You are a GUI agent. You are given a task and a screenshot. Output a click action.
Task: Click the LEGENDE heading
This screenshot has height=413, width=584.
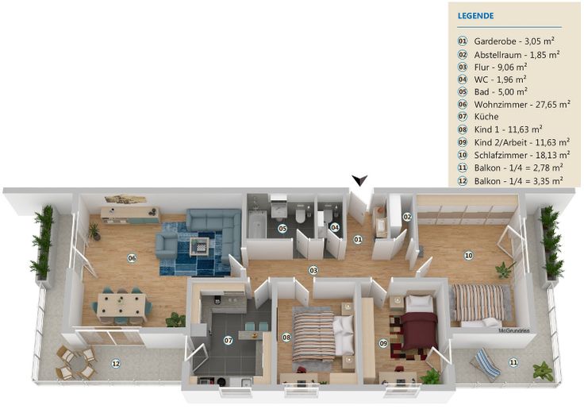pos(475,16)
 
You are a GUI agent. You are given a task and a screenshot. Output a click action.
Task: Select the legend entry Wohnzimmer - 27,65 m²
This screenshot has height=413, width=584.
pos(522,105)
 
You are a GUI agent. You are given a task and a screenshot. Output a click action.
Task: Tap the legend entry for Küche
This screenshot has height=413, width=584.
pos(486,117)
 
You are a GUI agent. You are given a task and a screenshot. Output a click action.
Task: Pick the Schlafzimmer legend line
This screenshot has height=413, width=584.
pos(522,155)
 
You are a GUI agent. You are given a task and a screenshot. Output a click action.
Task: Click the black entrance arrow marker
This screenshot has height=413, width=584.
pos(360,180)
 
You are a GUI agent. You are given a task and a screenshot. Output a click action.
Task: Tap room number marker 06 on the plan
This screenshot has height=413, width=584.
pos(132,258)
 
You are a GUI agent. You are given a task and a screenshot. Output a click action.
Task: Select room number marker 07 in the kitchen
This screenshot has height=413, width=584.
pos(228,340)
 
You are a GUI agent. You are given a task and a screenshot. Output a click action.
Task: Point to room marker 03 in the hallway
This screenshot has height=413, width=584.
pos(313,270)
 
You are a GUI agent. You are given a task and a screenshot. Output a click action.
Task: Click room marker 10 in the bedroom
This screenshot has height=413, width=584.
pos(468,255)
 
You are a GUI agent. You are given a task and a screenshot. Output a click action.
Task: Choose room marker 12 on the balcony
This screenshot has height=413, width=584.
pos(116,363)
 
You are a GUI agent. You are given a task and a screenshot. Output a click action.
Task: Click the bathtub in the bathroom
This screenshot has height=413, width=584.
pos(257,224)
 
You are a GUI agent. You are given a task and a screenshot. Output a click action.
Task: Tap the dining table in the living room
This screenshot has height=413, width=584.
pos(121,307)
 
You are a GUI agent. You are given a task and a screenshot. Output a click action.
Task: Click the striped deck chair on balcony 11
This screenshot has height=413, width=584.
pos(485,365)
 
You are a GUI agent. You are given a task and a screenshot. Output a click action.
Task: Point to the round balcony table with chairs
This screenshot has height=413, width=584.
pos(77,363)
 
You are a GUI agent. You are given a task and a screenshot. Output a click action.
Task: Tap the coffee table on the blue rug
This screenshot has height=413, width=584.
pos(199,247)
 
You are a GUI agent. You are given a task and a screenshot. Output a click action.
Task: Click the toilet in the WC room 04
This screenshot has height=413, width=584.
pos(328,215)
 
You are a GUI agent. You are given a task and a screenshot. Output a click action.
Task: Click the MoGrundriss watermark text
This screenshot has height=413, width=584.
pos(513,330)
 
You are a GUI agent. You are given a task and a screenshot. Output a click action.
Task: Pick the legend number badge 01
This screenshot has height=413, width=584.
pos(463,41)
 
